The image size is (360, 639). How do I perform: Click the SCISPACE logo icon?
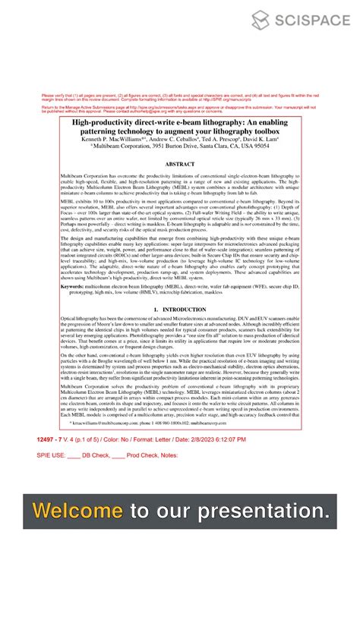pyautogui.click(x=261, y=20)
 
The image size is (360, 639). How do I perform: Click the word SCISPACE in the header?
pyautogui.click(x=311, y=20)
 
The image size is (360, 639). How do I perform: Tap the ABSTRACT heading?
pyautogui.click(x=180, y=164)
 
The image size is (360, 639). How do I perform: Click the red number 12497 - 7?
pyautogui.click(x=52, y=439)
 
